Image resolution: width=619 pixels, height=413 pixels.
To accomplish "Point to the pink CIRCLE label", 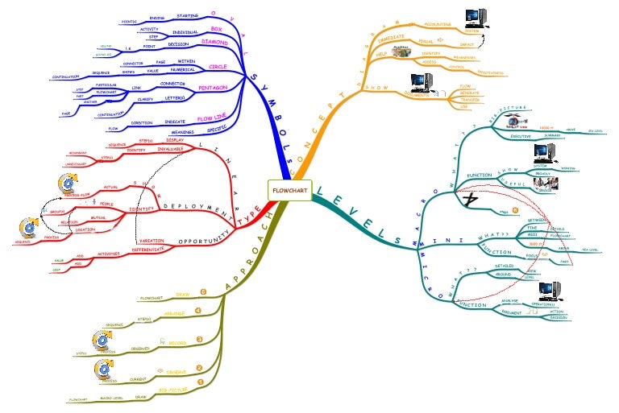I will pyautogui.click(x=218, y=66).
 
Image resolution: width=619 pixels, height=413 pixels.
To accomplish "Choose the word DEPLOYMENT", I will pyautogui.click(x=193, y=206).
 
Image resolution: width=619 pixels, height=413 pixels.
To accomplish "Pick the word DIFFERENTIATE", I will pyautogui.click(x=160, y=250).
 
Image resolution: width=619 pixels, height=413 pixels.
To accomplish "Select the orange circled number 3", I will pyautogui.click(x=199, y=339).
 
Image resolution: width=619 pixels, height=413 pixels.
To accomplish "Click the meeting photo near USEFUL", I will pyautogui.click(x=542, y=184).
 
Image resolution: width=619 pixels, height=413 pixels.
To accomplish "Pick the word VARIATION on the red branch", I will pyautogui.click(x=152, y=241).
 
